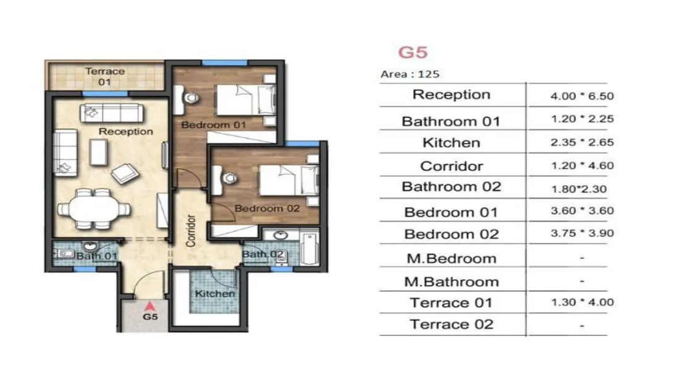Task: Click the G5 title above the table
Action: click(413, 52)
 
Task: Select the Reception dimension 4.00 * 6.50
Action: click(581, 97)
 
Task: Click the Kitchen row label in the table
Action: click(451, 143)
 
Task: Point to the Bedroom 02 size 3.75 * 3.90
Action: click(581, 234)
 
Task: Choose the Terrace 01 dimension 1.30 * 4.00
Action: click(581, 303)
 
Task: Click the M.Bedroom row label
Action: click(451, 259)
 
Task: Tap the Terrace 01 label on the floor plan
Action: click(105, 76)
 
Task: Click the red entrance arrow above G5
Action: click(148, 305)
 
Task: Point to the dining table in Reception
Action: click(94, 208)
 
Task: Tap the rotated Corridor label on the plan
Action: click(191, 231)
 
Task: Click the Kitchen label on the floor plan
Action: click(215, 293)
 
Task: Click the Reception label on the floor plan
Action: click(126, 131)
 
